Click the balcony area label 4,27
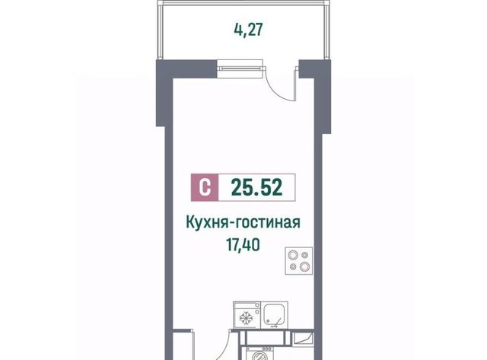248,30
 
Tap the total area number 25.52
257,187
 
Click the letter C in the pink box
205,187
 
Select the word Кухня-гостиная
243,223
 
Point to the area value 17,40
243,245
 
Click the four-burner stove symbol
299,261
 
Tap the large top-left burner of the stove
292,255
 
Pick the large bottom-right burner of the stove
304,266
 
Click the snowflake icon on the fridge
247,318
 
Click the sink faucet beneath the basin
275,326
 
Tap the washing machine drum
260,357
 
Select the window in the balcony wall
240,68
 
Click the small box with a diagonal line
304,338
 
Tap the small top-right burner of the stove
305,255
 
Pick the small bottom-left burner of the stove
292,266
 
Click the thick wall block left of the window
186,69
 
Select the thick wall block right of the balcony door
314,69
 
